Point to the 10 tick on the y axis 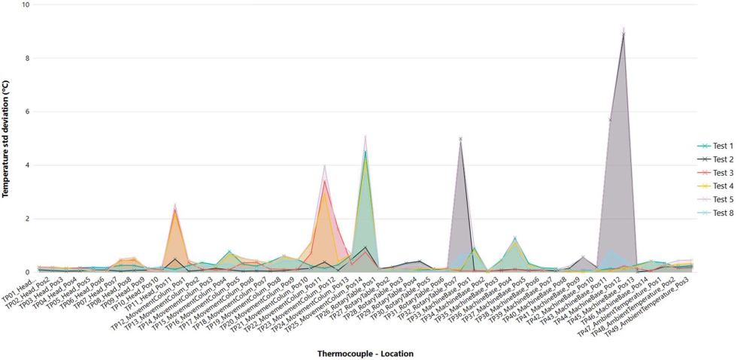coord(26,5)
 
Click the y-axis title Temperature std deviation coord(6,139)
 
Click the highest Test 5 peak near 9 coord(623,29)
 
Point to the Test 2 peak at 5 coord(460,138)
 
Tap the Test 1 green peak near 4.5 coord(365,152)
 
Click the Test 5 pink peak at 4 coord(324,165)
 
